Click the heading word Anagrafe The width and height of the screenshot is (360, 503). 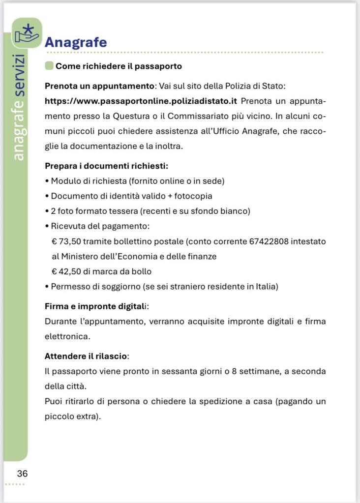point(75,42)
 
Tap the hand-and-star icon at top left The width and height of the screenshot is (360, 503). point(27,33)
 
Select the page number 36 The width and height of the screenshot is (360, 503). point(22,474)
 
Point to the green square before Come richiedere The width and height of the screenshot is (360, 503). point(49,66)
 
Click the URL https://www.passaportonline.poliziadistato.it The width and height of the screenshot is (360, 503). point(141,101)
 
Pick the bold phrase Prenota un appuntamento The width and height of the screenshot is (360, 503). point(99,86)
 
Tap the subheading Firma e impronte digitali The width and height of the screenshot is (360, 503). point(96,306)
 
